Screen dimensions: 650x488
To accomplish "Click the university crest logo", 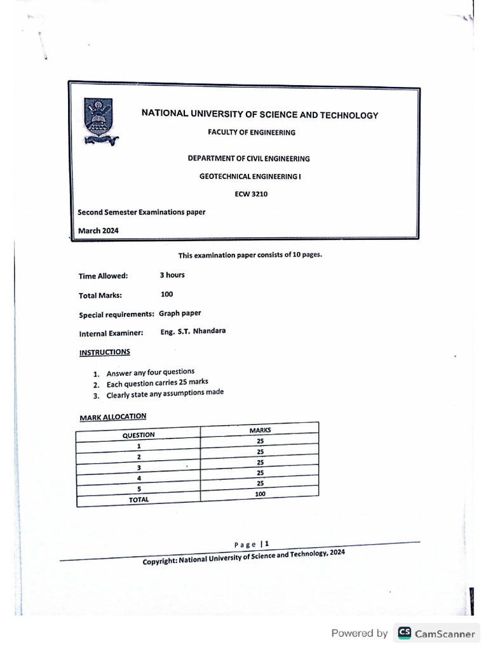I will point(98,121).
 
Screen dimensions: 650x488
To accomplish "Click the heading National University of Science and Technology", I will point(259,115).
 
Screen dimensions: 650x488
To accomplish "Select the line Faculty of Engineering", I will point(252,133).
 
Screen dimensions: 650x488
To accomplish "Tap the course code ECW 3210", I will point(252,194).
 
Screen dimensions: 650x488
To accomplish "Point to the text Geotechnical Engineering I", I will point(250,177).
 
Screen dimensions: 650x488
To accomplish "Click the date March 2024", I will point(98,230).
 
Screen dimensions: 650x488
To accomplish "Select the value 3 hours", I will point(172,275).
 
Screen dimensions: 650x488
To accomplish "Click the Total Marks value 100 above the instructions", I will point(167,294).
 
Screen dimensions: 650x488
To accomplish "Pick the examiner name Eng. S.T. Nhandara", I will point(193,331).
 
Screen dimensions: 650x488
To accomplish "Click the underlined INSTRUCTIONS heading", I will point(104,352).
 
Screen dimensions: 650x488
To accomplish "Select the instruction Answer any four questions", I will point(151,373).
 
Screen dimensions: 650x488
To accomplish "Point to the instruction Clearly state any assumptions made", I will point(165,393).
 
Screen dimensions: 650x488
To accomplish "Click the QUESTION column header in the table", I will point(139,435).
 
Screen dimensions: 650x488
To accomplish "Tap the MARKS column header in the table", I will point(261,430).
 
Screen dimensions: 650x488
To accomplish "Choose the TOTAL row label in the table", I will point(139,500).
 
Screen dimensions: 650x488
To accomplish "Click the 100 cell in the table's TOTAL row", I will point(261,494).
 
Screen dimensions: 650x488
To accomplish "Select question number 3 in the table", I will point(139,468).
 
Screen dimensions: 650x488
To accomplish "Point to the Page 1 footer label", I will point(252,544).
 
